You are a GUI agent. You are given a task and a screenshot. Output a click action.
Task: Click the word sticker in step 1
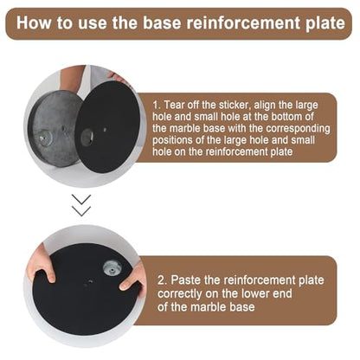234,105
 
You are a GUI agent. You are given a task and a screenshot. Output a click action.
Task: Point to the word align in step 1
265,106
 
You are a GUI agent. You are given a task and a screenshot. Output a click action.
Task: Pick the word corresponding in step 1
298,129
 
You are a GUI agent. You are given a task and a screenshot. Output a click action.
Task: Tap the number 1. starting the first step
157,105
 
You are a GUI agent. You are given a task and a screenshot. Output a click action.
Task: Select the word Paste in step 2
184,280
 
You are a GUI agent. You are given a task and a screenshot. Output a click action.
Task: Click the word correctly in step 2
179,294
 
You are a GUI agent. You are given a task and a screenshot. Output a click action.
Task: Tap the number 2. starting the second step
162,280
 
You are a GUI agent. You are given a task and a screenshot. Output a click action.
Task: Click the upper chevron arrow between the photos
81,200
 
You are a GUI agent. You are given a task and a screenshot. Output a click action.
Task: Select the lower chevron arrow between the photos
81,211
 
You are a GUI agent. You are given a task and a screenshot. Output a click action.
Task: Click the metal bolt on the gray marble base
43,138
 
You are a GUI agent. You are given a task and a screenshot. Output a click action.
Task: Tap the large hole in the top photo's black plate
87,137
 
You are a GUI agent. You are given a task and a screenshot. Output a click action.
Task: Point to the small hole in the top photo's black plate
105,130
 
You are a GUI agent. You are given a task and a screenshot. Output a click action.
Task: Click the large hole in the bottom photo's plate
112,268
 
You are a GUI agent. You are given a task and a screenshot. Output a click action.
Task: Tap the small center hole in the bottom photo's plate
90,280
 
